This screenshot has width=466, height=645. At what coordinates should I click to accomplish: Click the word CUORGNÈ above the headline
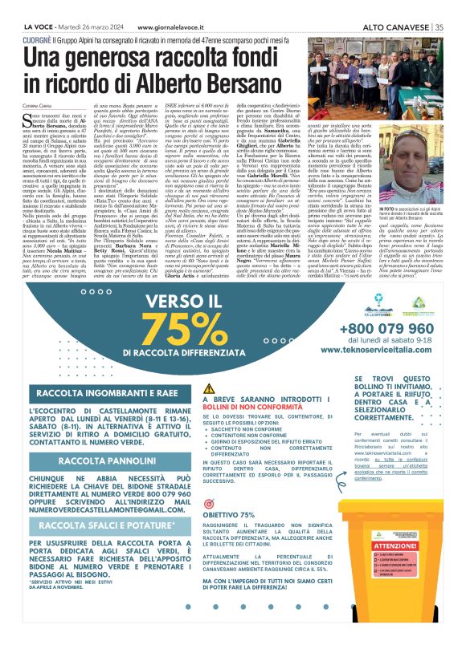coord(40,38)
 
